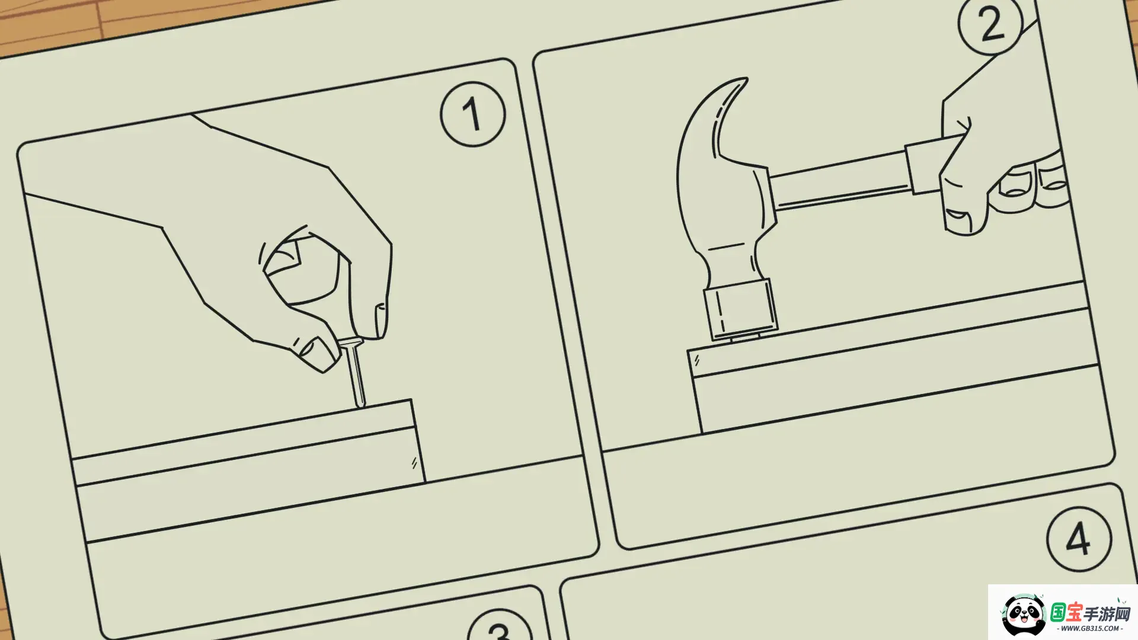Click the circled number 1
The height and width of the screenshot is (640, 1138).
point(472,114)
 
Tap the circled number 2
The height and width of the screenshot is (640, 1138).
point(991,24)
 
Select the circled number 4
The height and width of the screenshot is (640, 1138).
point(1079,539)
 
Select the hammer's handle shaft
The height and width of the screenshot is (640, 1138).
point(839,180)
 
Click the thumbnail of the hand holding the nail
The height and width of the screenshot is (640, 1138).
point(314,350)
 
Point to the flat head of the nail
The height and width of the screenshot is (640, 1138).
point(350,343)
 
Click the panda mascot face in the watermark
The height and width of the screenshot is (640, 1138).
point(1024,615)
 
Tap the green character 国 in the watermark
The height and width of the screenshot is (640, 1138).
point(1059,612)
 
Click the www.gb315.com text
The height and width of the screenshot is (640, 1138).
point(1089,629)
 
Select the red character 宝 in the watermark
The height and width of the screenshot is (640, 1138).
point(1075,612)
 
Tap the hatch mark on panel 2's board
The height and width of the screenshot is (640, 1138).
point(697,360)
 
